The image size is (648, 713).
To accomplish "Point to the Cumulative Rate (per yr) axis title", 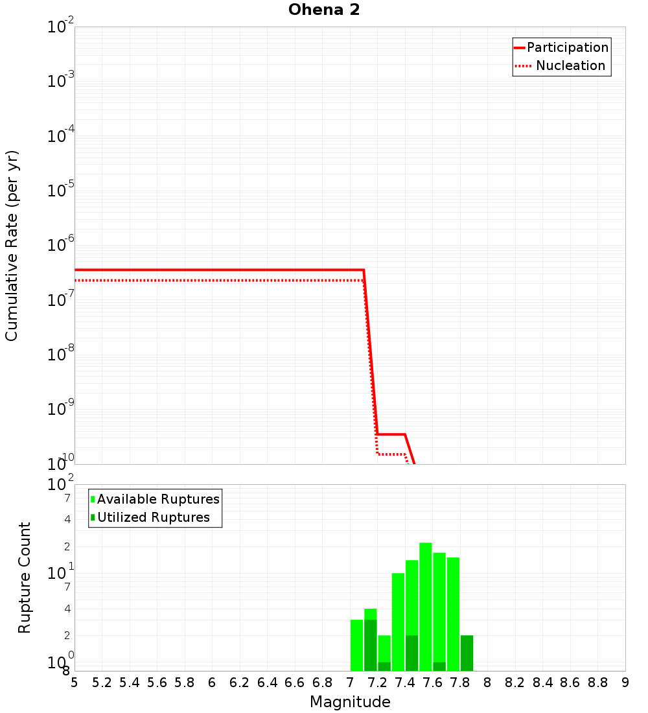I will pos(12,245).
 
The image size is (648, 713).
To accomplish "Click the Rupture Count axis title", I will pos(25,578).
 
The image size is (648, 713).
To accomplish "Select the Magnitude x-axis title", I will pos(350,702).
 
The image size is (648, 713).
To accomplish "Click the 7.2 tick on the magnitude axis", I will pos(377,683).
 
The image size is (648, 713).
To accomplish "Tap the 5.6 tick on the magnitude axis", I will pos(157,683).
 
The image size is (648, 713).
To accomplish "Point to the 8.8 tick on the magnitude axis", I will pos(597,683).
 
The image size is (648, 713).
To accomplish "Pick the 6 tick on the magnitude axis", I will pos(212,683).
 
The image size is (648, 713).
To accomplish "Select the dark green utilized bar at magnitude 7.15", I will pos(370,645).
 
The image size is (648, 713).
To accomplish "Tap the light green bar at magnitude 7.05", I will pos(356,645).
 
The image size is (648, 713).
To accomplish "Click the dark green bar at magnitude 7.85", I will pos(467,653).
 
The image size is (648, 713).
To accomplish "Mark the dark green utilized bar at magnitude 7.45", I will pos(411,653).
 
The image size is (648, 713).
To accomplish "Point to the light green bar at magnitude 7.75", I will pos(453,613).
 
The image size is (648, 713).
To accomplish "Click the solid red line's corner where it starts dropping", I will pos(364,270).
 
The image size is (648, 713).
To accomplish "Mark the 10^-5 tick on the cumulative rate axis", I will pos(62,191).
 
